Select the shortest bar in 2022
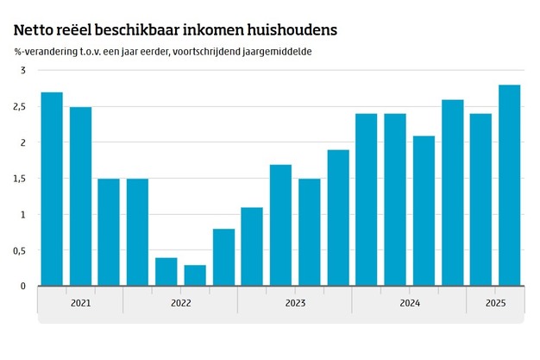point(195,275)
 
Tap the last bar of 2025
point(509,185)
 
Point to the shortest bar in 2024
point(424,211)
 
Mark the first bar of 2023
point(252,247)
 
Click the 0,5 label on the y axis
point(22,250)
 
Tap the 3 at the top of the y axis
point(24,70)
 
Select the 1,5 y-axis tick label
point(22,179)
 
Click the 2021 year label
point(80,303)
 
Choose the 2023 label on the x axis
point(295,303)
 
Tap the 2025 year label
point(495,303)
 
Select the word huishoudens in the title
point(290,29)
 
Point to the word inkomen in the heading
point(208,29)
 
